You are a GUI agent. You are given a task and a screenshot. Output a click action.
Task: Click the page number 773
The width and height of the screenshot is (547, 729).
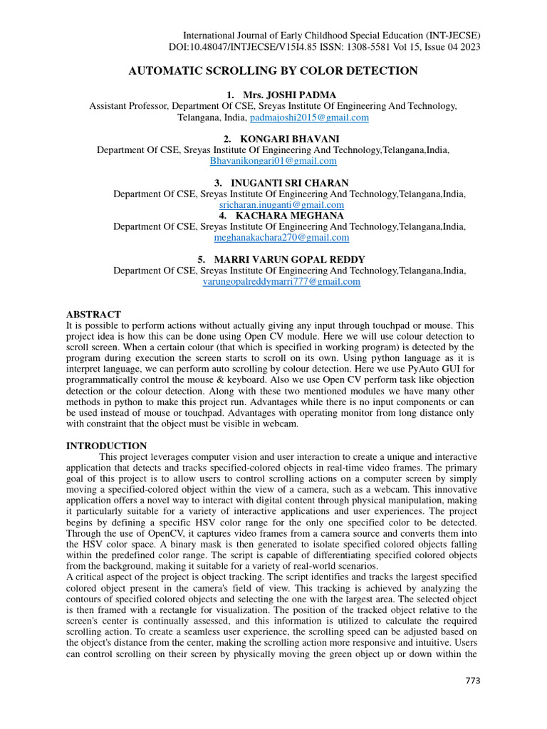click(x=473, y=681)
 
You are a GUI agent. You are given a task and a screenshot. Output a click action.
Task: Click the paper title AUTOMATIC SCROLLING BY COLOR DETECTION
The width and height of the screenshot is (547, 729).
click(x=273, y=70)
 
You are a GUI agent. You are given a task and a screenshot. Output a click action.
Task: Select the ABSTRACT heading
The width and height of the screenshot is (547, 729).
click(x=93, y=314)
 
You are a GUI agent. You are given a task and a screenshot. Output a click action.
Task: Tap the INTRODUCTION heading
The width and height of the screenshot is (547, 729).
click(x=106, y=446)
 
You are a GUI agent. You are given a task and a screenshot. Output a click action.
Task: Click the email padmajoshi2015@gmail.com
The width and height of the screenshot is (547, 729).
click(x=309, y=117)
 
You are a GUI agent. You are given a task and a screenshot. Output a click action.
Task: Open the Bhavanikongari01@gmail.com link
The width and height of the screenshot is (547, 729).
click(x=273, y=161)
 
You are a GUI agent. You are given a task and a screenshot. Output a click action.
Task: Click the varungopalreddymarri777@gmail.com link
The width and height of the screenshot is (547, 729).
click(x=281, y=281)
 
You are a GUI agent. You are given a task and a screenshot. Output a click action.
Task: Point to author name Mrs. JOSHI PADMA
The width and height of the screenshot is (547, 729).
click(x=279, y=95)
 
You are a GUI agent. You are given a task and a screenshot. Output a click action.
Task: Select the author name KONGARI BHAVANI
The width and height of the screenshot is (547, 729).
click(x=278, y=139)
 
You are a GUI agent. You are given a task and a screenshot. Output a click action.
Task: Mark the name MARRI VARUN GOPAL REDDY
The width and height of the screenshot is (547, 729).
click(x=284, y=259)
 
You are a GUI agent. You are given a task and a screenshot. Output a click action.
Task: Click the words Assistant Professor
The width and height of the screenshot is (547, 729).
click(x=125, y=105)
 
